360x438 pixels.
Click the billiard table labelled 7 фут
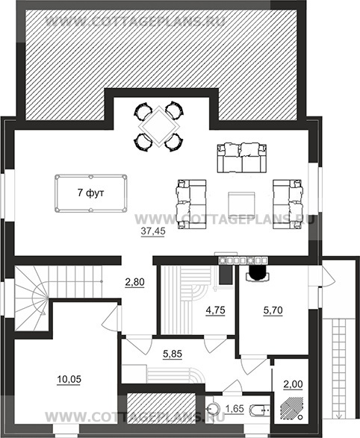[91, 194]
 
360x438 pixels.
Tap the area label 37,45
[153, 231]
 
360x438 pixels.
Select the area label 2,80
[134, 282]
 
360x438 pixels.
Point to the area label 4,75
[215, 310]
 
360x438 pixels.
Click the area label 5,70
[273, 310]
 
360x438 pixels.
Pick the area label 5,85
[173, 354]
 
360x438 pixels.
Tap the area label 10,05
[69, 379]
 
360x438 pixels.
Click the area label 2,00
[293, 384]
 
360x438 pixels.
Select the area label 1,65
[235, 409]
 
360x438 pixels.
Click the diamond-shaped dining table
[159, 127]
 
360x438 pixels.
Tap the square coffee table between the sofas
[241, 204]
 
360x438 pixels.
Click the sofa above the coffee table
[242, 158]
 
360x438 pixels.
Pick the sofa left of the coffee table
[191, 204]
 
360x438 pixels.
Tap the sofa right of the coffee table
[288, 204]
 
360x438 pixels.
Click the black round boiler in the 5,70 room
[258, 272]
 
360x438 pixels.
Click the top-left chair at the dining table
[143, 111]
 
